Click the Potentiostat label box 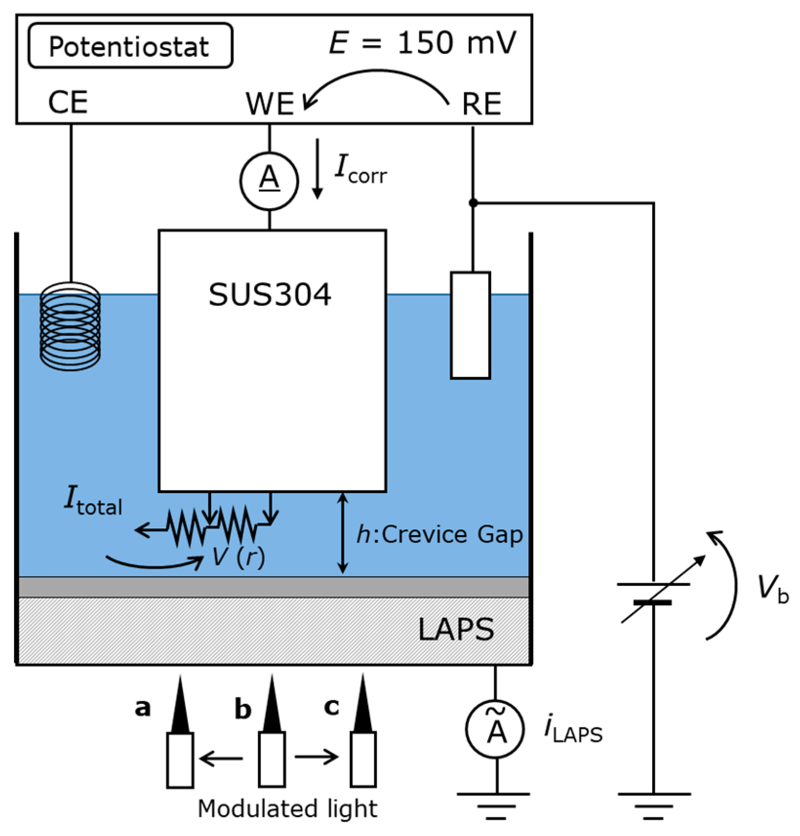click(130, 45)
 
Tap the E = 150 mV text click(422, 43)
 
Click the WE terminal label click(270, 103)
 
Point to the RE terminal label click(481, 104)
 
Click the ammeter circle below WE click(269, 180)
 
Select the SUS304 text click(270, 295)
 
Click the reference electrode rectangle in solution click(470, 325)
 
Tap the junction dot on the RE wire click(473, 202)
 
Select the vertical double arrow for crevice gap click(343, 533)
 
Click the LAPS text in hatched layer click(456, 630)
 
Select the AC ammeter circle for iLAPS click(495, 729)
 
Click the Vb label click(773, 589)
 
